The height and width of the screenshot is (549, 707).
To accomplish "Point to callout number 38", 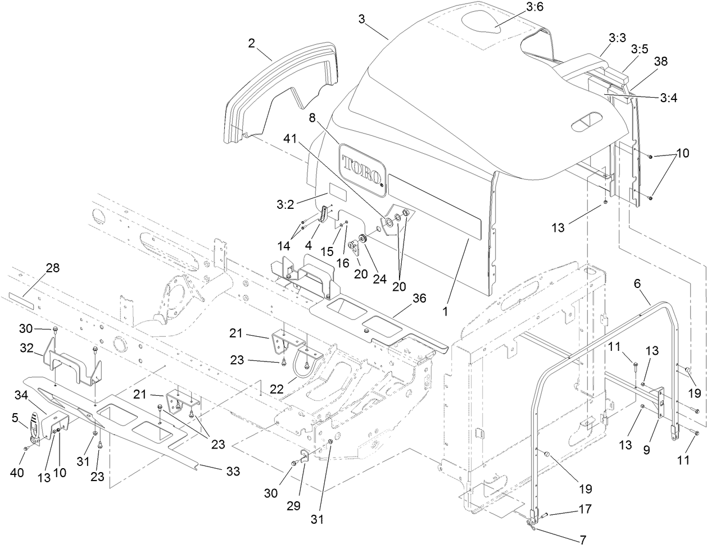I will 660,61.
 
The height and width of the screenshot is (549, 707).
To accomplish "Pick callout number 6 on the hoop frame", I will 637,285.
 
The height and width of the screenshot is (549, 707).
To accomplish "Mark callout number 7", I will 583,541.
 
